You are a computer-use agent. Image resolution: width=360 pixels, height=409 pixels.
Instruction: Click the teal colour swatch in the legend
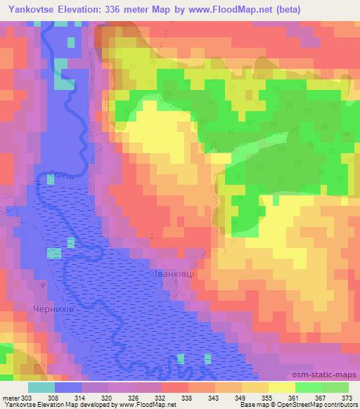coord(41,387)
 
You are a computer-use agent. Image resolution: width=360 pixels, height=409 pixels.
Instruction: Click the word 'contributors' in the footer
coord(341,405)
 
